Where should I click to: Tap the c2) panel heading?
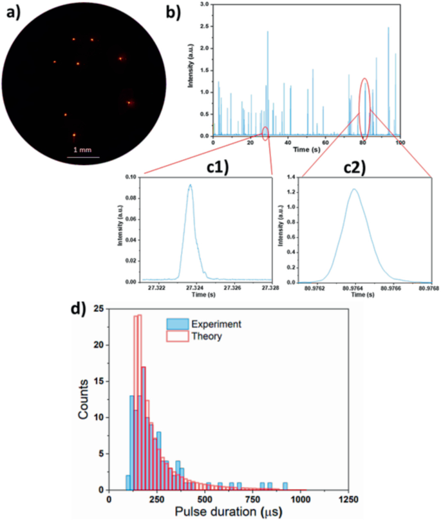coord(352,167)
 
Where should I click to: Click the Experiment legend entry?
coord(216,324)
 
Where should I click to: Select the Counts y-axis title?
coord(84,402)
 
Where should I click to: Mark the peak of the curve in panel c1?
coord(190,185)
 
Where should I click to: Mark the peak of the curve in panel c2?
coord(353,189)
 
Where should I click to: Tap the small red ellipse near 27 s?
coord(265,133)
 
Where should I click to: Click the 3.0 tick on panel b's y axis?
coord(204,4)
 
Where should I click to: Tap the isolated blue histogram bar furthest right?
coord(285,486)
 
